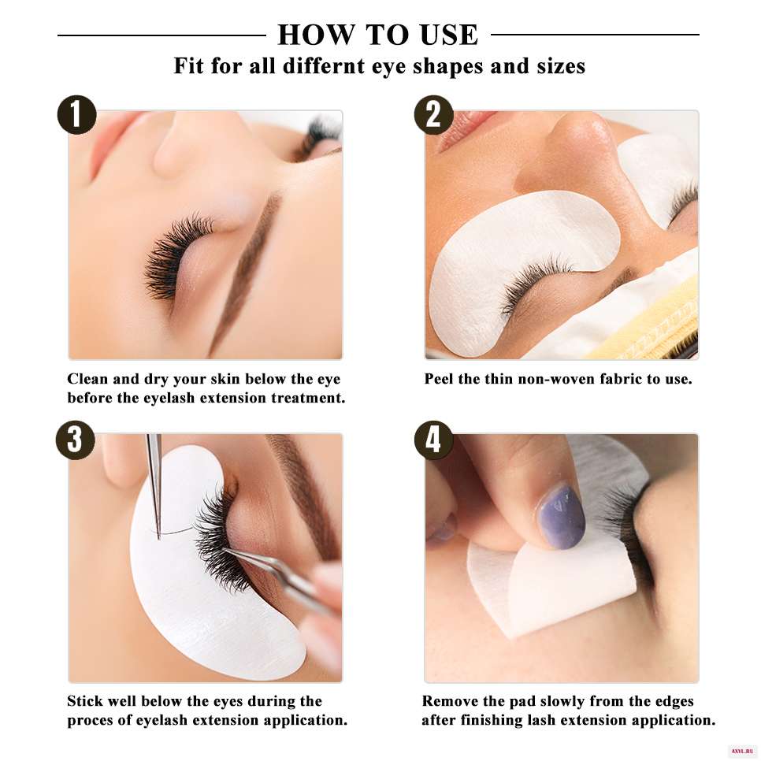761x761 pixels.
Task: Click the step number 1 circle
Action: [76, 114]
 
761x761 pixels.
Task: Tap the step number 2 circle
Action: [433, 114]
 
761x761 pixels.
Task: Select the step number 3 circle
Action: [75, 440]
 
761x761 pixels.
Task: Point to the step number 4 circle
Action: [433, 440]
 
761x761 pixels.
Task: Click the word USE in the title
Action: [449, 35]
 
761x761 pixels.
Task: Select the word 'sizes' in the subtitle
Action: [561, 66]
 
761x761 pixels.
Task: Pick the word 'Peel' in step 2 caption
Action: [439, 379]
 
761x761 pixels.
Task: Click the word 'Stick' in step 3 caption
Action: [84, 701]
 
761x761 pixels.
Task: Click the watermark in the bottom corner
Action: [741, 752]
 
